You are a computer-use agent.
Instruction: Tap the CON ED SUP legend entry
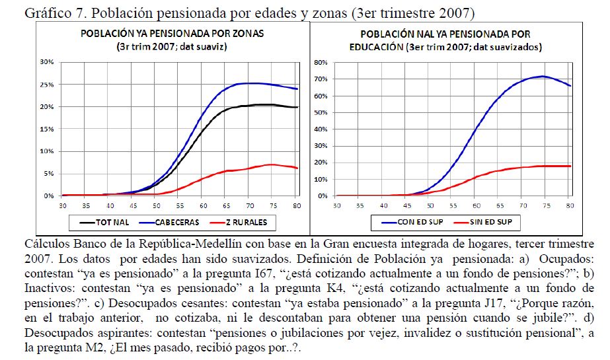[423, 223]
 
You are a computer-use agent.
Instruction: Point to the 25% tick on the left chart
[48, 85]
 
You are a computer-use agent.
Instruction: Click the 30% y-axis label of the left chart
[48, 62]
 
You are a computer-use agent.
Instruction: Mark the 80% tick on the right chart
[321, 63]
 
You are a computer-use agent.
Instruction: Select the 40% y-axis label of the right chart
[321, 129]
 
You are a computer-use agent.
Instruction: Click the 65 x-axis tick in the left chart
[227, 205]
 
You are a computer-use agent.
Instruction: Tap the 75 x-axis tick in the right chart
[546, 205]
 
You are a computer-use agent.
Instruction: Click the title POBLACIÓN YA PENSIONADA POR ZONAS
[174, 34]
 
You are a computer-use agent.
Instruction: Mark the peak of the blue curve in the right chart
[543, 76]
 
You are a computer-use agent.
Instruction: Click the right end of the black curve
[298, 107]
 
